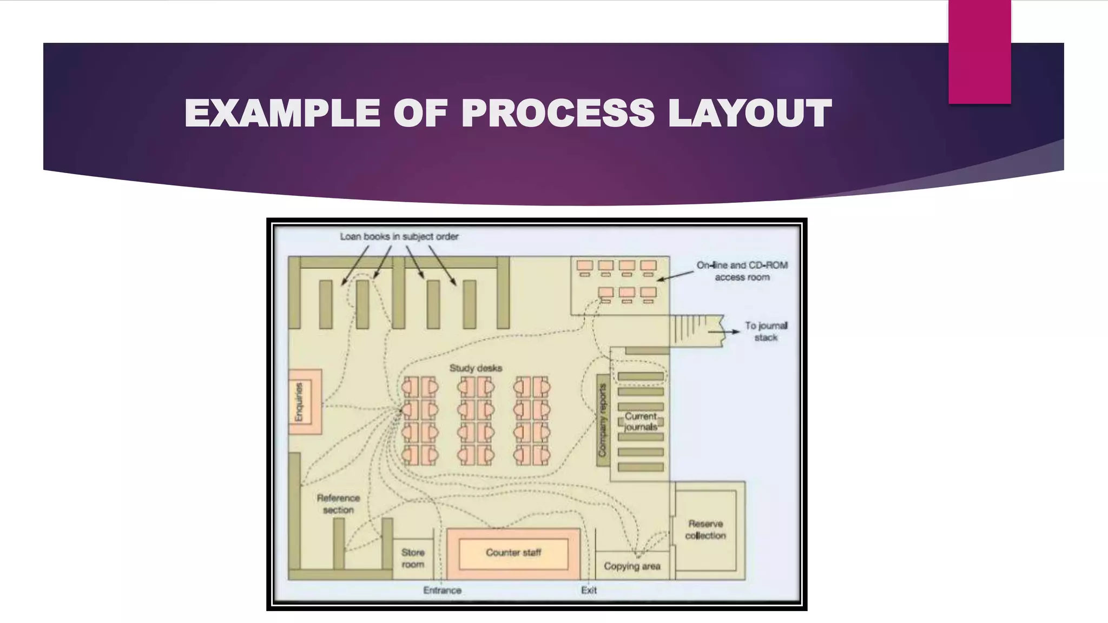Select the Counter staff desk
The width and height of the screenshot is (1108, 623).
513,553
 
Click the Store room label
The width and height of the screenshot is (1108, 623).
413,558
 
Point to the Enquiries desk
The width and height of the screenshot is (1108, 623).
305,402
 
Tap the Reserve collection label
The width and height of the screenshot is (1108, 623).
705,529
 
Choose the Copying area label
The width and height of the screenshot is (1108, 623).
632,566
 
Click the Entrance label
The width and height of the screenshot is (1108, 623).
442,590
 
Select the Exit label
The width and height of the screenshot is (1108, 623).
589,590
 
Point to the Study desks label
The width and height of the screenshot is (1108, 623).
476,368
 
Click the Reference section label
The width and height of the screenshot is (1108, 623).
338,503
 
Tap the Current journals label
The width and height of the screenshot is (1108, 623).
641,421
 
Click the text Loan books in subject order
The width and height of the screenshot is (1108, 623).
399,236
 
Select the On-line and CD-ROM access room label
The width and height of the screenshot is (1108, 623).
742,271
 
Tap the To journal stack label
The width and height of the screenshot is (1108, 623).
766,331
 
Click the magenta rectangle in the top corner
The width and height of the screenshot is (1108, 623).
979,51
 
